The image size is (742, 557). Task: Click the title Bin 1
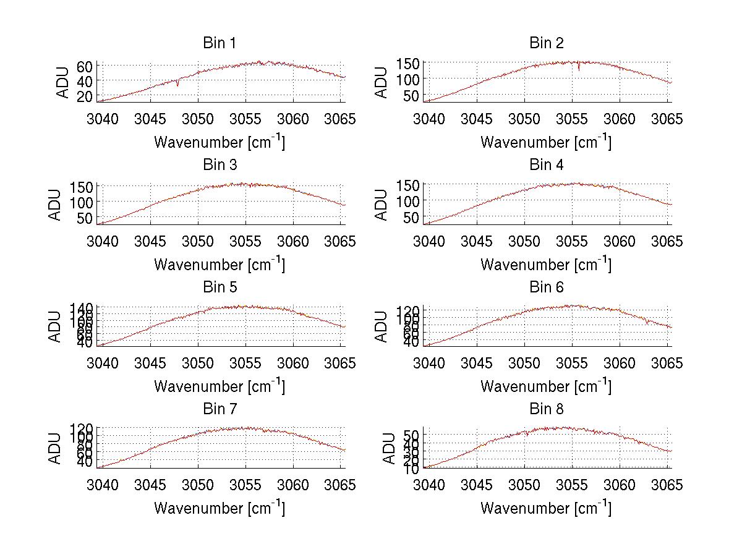pos(219,43)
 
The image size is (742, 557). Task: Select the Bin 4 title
pos(547,164)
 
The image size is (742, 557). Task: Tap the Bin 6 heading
pos(547,287)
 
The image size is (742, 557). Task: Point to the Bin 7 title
pos(219,409)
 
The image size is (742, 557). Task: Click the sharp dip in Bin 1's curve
pos(178,85)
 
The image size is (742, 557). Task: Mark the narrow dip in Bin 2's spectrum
pos(579,69)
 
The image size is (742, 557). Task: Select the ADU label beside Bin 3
pos(55,205)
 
